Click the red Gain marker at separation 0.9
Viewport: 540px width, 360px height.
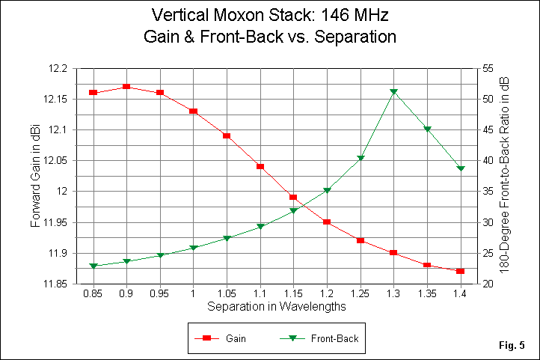(x=126, y=87)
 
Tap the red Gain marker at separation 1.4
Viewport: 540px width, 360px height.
(x=460, y=271)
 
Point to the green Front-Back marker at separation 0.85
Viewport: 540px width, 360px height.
(x=93, y=266)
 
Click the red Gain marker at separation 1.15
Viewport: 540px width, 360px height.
(x=293, y=198)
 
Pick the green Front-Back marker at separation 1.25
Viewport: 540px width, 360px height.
(x=360, y=158)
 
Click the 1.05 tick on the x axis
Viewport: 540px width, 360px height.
(x=227, y=295)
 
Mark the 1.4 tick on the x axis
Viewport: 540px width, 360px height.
(x=460, y=295)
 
